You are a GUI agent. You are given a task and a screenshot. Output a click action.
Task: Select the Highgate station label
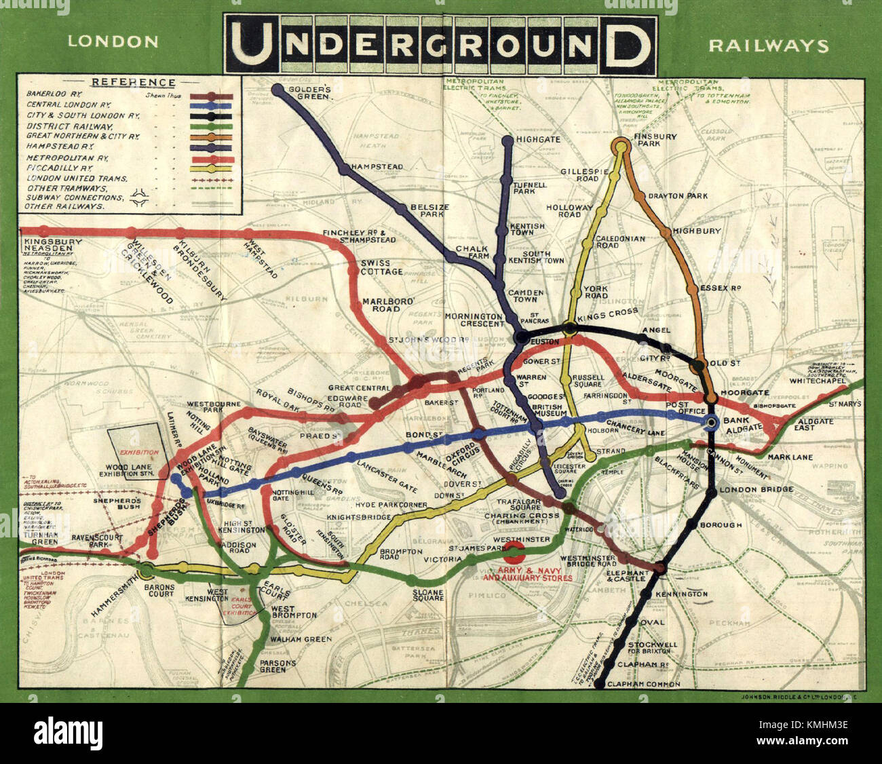coord(538,139)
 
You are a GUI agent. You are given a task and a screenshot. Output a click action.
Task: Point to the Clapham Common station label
coord(643,684)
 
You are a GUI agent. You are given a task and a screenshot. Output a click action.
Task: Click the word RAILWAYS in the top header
coord(768,45)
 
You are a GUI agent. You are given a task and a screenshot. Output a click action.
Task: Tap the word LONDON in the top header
coord(113,41)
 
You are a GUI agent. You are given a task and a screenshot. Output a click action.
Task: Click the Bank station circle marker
coord(710,423)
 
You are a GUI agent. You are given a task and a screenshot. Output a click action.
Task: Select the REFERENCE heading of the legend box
coord(133,82)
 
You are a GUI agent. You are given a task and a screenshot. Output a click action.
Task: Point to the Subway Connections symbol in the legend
coord(142,197)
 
